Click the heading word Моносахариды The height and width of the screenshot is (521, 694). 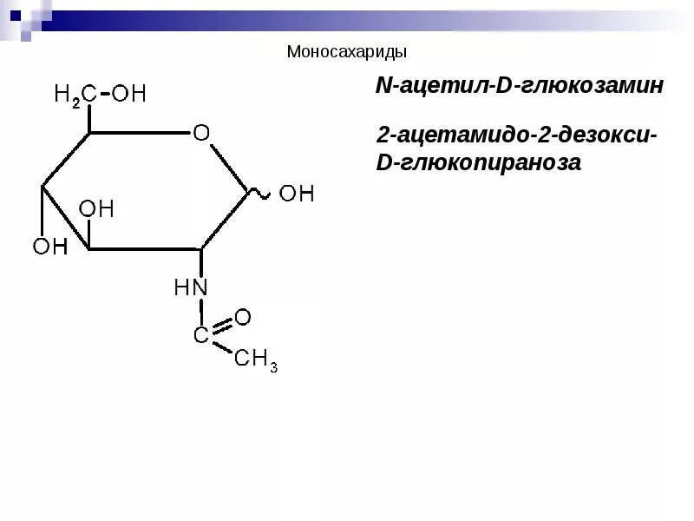[346, 53]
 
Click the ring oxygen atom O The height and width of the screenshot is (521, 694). [201, 133]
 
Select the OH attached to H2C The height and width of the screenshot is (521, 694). [129, 94]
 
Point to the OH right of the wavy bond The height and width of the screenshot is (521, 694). [296, 193]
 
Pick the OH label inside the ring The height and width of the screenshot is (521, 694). [96, 209]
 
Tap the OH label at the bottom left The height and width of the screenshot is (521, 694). [50, 247]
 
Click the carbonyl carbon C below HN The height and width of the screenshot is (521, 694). [200, 335]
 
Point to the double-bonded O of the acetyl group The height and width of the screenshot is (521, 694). [243, 317]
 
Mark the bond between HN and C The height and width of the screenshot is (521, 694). [200, 312]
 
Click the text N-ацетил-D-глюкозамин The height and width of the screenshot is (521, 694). [519, 86]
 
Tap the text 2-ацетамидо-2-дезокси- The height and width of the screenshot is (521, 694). [517, 136]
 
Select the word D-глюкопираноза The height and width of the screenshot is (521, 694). [477, 162]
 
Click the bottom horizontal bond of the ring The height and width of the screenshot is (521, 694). [145, 249]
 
